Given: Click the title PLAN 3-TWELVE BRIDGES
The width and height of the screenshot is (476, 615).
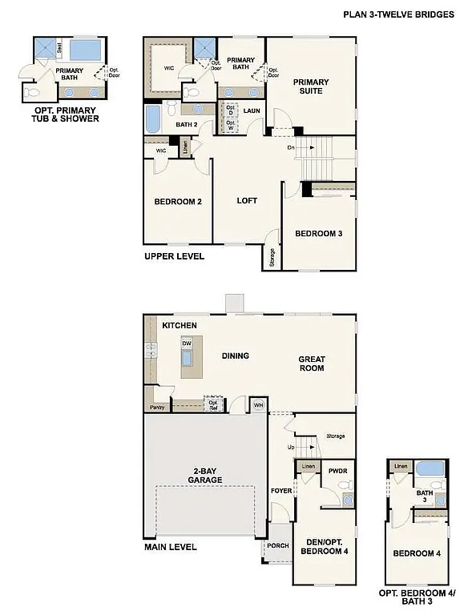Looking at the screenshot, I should pos(398,14).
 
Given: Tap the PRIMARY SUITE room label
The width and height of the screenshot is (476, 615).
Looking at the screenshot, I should pos(311,86).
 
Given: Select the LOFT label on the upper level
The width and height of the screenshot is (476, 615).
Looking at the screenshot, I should pos(247,200).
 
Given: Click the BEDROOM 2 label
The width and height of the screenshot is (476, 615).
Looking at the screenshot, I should pos(177,202).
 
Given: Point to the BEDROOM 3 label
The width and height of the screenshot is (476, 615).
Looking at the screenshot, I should pos(318,234).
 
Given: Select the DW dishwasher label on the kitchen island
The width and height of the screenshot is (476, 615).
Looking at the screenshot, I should pos(187,344).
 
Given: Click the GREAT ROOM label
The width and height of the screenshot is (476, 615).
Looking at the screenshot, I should pos(312,364).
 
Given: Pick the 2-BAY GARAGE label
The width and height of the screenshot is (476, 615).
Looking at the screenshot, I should pos(206,475).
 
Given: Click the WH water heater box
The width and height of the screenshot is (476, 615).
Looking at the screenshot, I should pos(258,404).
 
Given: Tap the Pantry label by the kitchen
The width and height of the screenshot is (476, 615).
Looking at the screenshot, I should pos(156,407).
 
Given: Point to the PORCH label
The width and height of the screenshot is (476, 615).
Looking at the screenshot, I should pos(278,546).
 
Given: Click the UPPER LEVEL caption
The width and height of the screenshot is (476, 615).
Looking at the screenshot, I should pos(173,256).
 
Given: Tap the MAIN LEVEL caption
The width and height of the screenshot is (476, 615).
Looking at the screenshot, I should pos(170,548).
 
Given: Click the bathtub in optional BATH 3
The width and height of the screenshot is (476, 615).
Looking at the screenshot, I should pos(430,468).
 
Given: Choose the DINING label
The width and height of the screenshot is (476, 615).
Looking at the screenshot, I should pos(235,356).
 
